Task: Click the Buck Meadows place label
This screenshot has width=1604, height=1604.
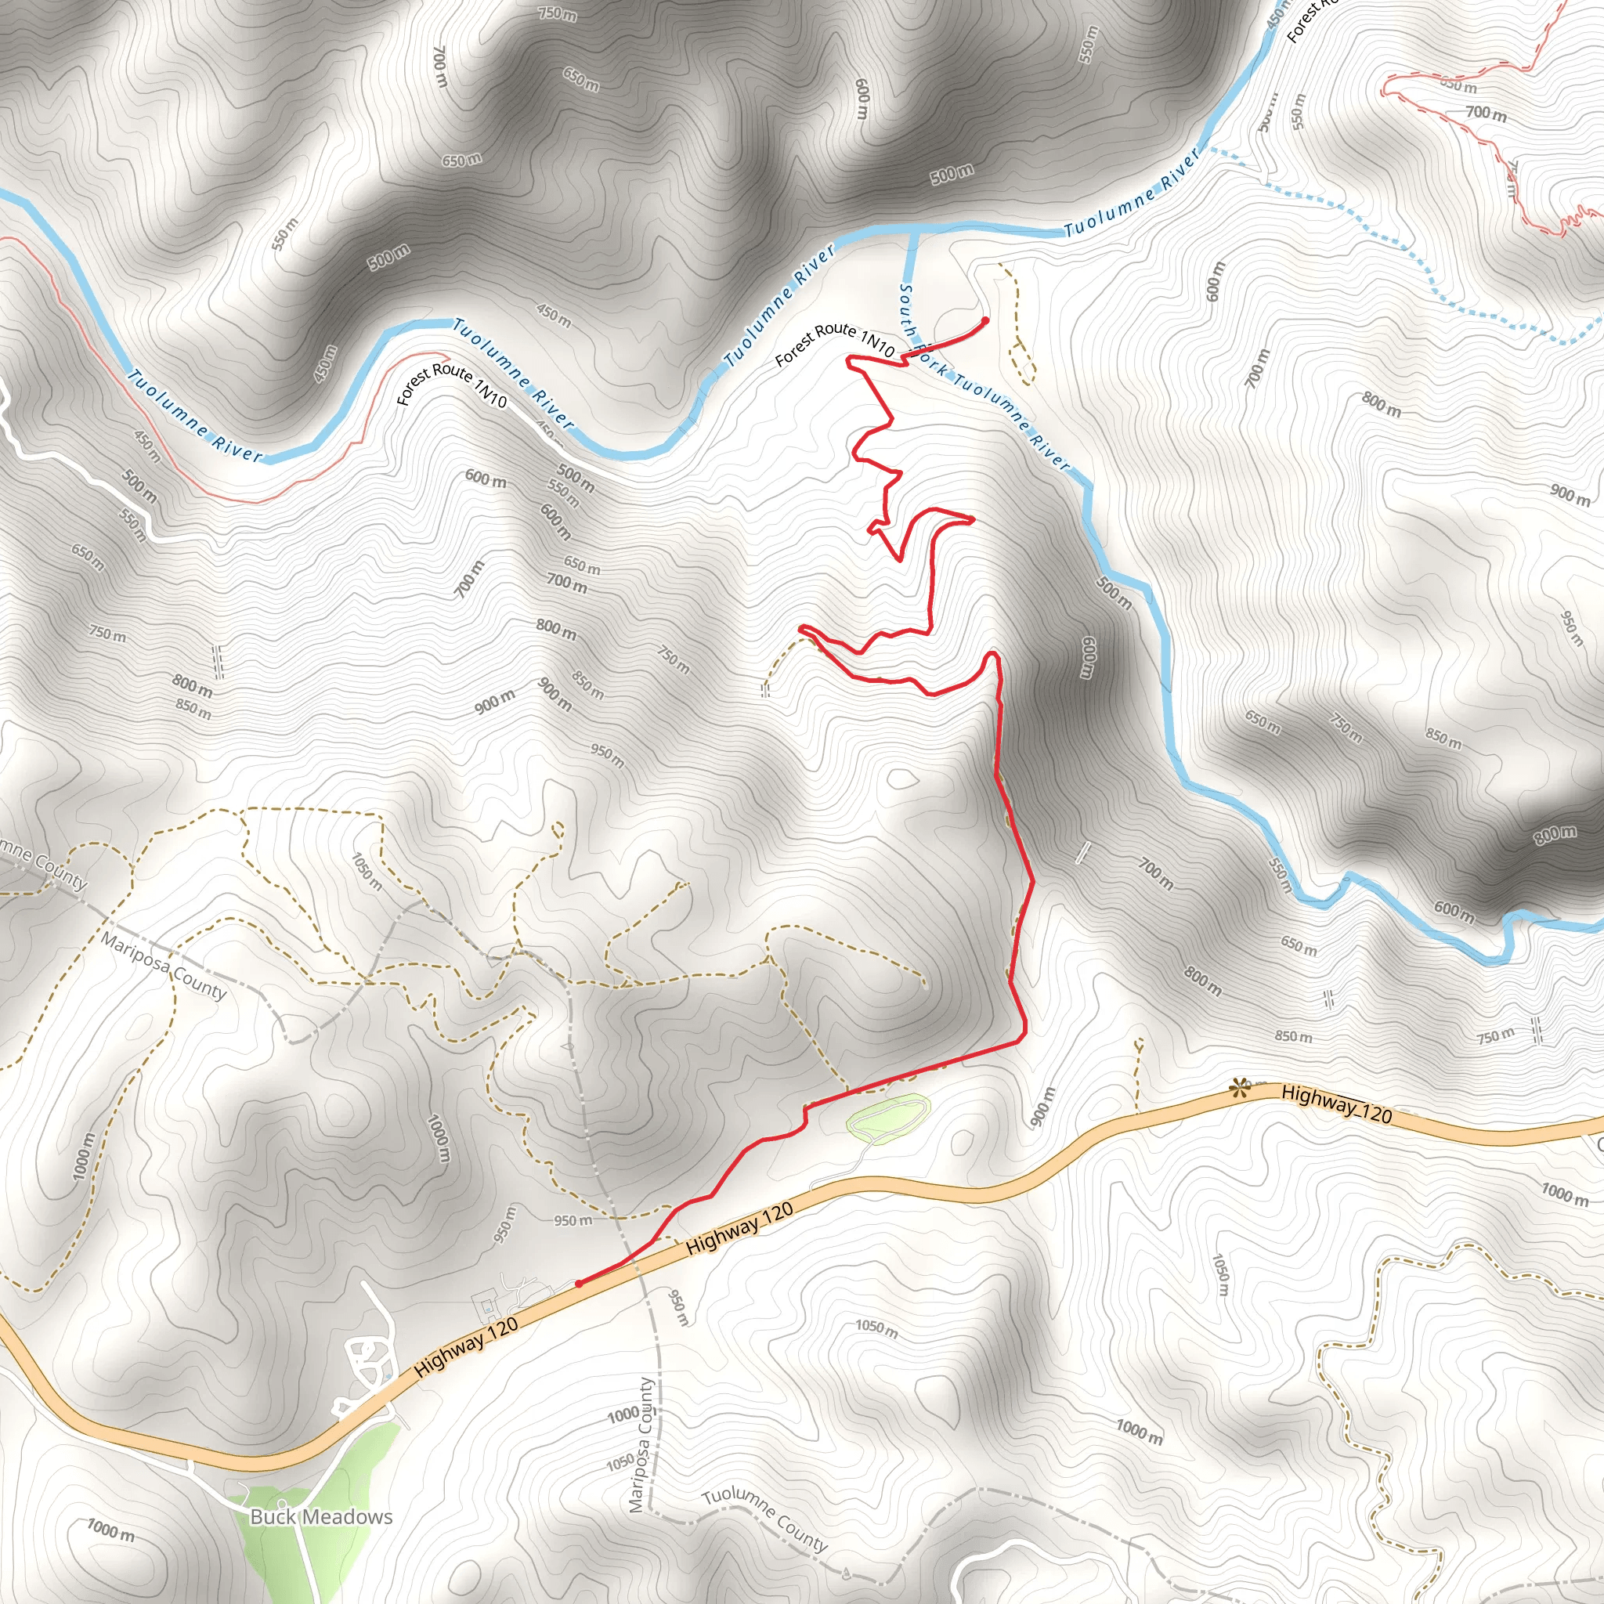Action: (320, 1517)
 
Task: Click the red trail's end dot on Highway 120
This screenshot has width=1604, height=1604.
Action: (579, 1284)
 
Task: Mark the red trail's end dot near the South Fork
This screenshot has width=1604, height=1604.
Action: (985, 320)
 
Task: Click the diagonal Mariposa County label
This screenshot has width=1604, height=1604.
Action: (164, 966)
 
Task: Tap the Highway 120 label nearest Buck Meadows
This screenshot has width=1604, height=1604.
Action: (467, 1346)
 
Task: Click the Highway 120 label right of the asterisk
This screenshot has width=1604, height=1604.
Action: (1337, 1104)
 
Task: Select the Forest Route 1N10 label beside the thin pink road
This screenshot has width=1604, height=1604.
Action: (452, 385)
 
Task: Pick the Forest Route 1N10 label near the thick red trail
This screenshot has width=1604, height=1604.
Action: (834, 343)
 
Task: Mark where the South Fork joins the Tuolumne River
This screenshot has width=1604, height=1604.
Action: (913, 233)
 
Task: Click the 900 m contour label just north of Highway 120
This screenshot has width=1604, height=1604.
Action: (1042, 1107)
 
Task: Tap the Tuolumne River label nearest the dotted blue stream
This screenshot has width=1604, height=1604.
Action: (1133, 192)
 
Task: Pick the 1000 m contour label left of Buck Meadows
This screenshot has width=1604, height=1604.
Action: (111, 1529)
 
